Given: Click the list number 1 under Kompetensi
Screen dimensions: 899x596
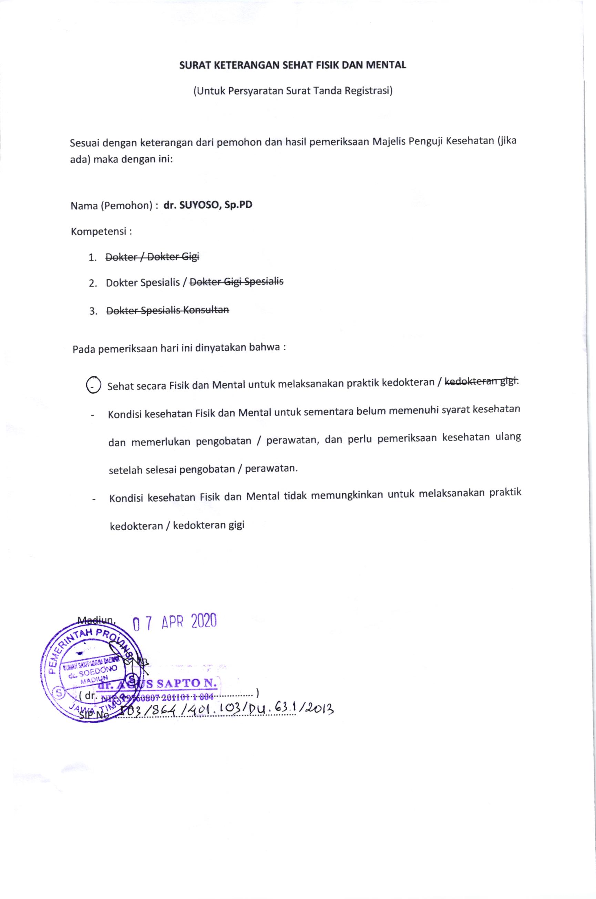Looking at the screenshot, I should click(92, 258).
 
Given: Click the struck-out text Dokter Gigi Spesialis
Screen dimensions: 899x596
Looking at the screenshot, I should click(236, 283).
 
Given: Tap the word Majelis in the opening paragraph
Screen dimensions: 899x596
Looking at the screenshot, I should click(387, 143).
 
